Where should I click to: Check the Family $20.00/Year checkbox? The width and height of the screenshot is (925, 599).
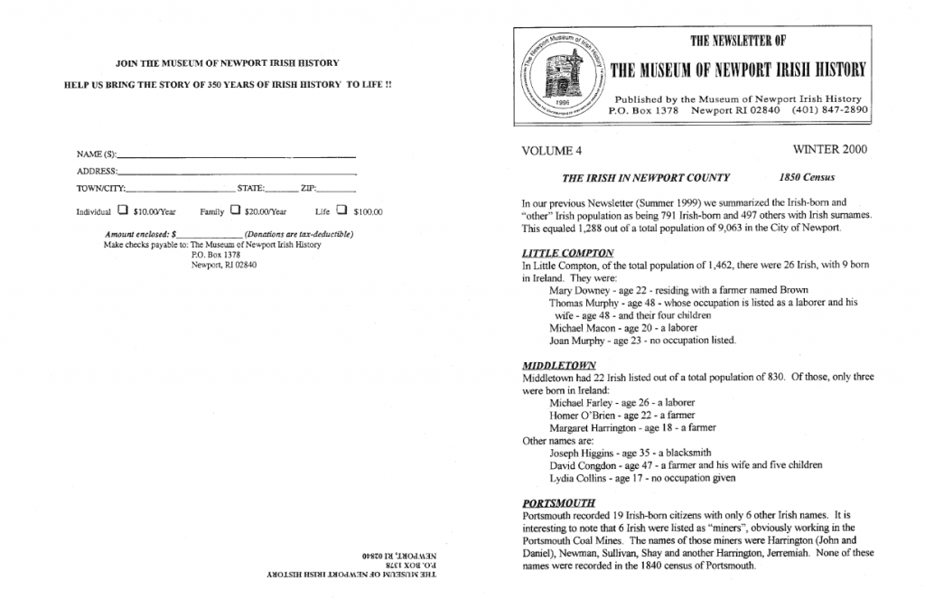pos(234,211)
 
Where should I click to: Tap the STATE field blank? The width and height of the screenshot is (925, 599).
pos(281,190)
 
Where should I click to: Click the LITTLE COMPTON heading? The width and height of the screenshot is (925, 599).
pos(568,253)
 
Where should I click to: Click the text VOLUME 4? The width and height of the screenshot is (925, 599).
pos(552,150)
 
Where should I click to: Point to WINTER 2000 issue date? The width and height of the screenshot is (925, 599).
pos(829,149)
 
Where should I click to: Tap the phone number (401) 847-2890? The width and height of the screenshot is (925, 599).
pos(829,109)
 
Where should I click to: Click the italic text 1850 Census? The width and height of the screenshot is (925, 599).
pos(808,178)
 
